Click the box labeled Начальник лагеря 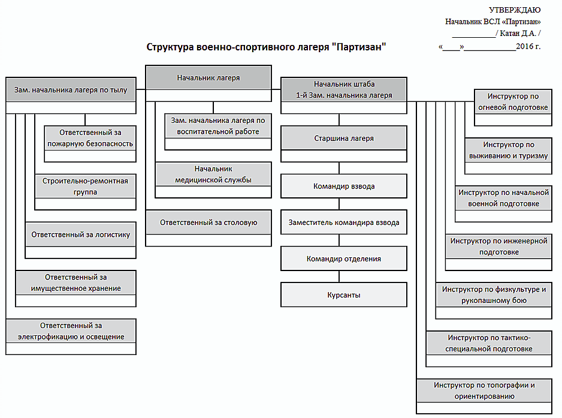(208, 78)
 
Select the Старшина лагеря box (343, 139)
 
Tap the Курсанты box (343, 295)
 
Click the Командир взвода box (343, 187)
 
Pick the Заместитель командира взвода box (343, 222)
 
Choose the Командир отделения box (343, 259)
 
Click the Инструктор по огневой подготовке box (512, 102)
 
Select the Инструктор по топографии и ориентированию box (484, 390)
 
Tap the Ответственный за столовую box (208, 222)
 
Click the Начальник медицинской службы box (213, 175)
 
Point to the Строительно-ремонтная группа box (85, 187)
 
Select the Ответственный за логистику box (80, 234)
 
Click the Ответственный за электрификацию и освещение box (71, 331)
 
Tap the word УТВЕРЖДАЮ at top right (515, 10)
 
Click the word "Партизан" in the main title (358, 47)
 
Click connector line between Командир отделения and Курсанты (340, 276)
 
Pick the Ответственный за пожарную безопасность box (90, 138)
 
